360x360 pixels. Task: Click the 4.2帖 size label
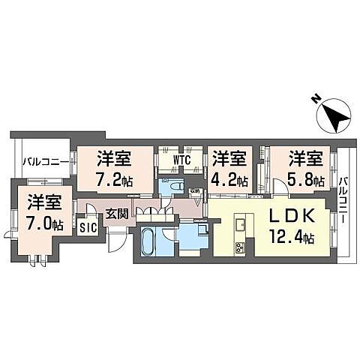229,179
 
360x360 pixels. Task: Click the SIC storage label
88,227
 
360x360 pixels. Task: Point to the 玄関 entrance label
115,212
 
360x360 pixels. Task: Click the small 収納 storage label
194,190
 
